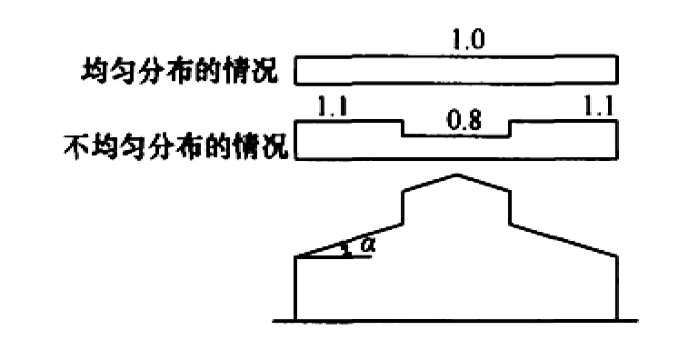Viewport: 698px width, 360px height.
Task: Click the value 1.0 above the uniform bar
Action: point(468,40)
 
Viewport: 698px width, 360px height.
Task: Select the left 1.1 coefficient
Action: point(332,107)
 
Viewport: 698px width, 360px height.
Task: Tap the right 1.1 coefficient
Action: point(599,107)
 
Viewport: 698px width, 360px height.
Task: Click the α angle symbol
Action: point(367,245)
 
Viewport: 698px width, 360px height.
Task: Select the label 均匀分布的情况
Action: point(179,70)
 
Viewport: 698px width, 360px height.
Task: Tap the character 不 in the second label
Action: point(76,147)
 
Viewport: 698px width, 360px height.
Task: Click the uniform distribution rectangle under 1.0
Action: point(456,69)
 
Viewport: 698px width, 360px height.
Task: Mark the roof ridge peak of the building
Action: point(457,175)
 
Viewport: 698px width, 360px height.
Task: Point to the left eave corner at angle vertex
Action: point(296,256)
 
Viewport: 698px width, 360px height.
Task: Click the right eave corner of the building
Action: point(617,256)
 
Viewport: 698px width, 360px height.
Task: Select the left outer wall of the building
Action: point(296,288)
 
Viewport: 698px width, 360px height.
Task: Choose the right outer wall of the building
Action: point(617,288)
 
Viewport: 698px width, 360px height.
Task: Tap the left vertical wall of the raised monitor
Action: point(403,208)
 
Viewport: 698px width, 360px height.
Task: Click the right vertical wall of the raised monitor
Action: point(510,208)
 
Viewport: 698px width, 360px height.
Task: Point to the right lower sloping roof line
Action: point(563,240)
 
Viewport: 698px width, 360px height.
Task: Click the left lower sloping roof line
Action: point(349,241)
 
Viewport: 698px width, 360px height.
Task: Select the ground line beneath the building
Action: point(455,321)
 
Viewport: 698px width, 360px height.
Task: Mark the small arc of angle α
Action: point(345,250)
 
